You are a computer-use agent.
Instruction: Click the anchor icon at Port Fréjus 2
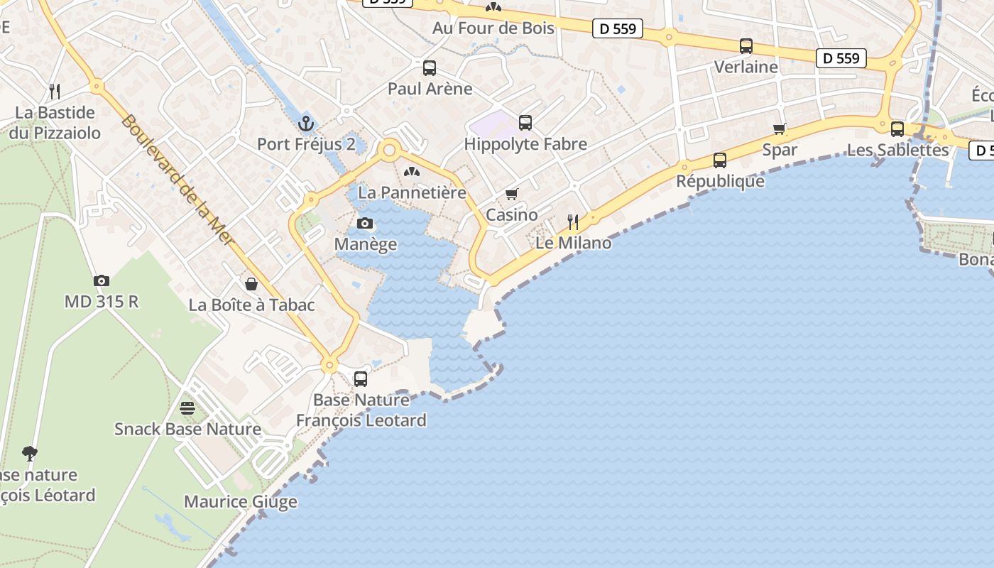click(306, 124)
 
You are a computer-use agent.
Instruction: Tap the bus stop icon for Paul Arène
click(430, 68)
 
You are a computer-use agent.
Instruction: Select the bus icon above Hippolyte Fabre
click(525, 123)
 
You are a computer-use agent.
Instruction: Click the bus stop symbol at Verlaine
click(746, 46)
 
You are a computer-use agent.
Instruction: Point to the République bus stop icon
click(720, 160)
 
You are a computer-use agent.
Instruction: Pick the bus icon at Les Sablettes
click(897, 129)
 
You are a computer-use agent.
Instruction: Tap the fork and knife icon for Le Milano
click(573, 222)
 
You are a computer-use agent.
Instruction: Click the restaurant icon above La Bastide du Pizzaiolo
click(55, 92)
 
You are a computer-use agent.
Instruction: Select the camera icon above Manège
click(365, 224)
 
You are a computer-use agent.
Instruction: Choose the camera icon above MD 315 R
click(102, 280)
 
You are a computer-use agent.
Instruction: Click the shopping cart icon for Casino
click(512, 194)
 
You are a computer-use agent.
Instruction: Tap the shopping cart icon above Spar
click(780, 129)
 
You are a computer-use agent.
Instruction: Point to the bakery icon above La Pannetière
click(412, 172)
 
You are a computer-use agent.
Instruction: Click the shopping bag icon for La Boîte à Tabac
click(251, 284)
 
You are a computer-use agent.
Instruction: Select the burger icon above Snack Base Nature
click(187, 408)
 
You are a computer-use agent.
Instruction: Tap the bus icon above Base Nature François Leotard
click(361, 379)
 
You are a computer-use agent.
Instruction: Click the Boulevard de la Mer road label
click(177, 180)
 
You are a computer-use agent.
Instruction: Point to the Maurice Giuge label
click(241, 502)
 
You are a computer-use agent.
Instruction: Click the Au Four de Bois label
click(493, 28)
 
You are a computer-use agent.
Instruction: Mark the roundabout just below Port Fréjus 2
click(388, 151)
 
